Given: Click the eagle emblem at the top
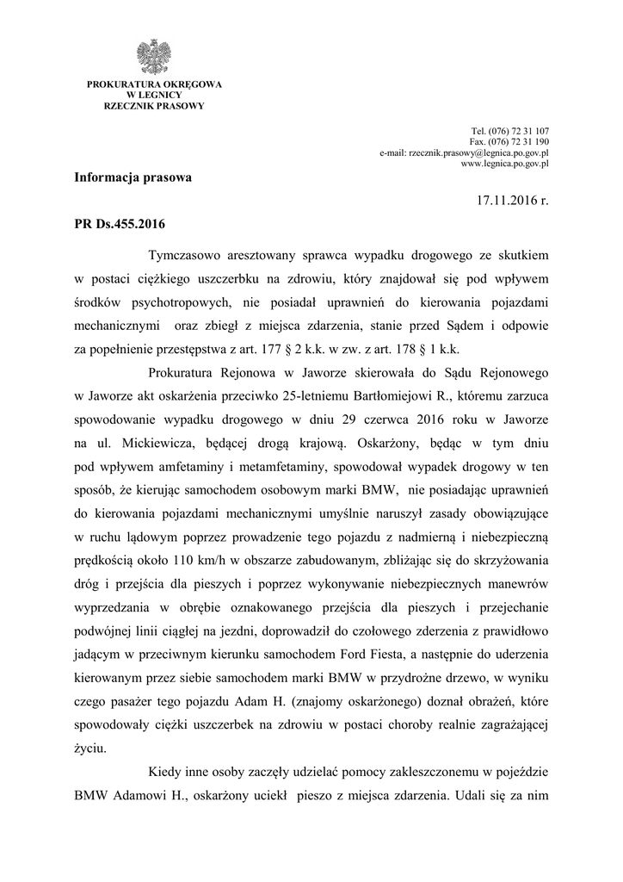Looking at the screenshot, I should pyautogui.click(x=154, y=56).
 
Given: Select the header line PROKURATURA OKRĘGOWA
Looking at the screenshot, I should pyautogui.click(x=154, y=84).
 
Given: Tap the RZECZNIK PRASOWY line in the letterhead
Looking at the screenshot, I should pyautogui.click(x=154, y=105).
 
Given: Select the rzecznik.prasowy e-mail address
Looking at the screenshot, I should pyautogui.click(x=465, y=152).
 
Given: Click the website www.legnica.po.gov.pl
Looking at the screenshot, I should pyautogui.click(x=505, y=162).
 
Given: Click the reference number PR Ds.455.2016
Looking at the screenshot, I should pyautogui.click(x=120, y=224).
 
